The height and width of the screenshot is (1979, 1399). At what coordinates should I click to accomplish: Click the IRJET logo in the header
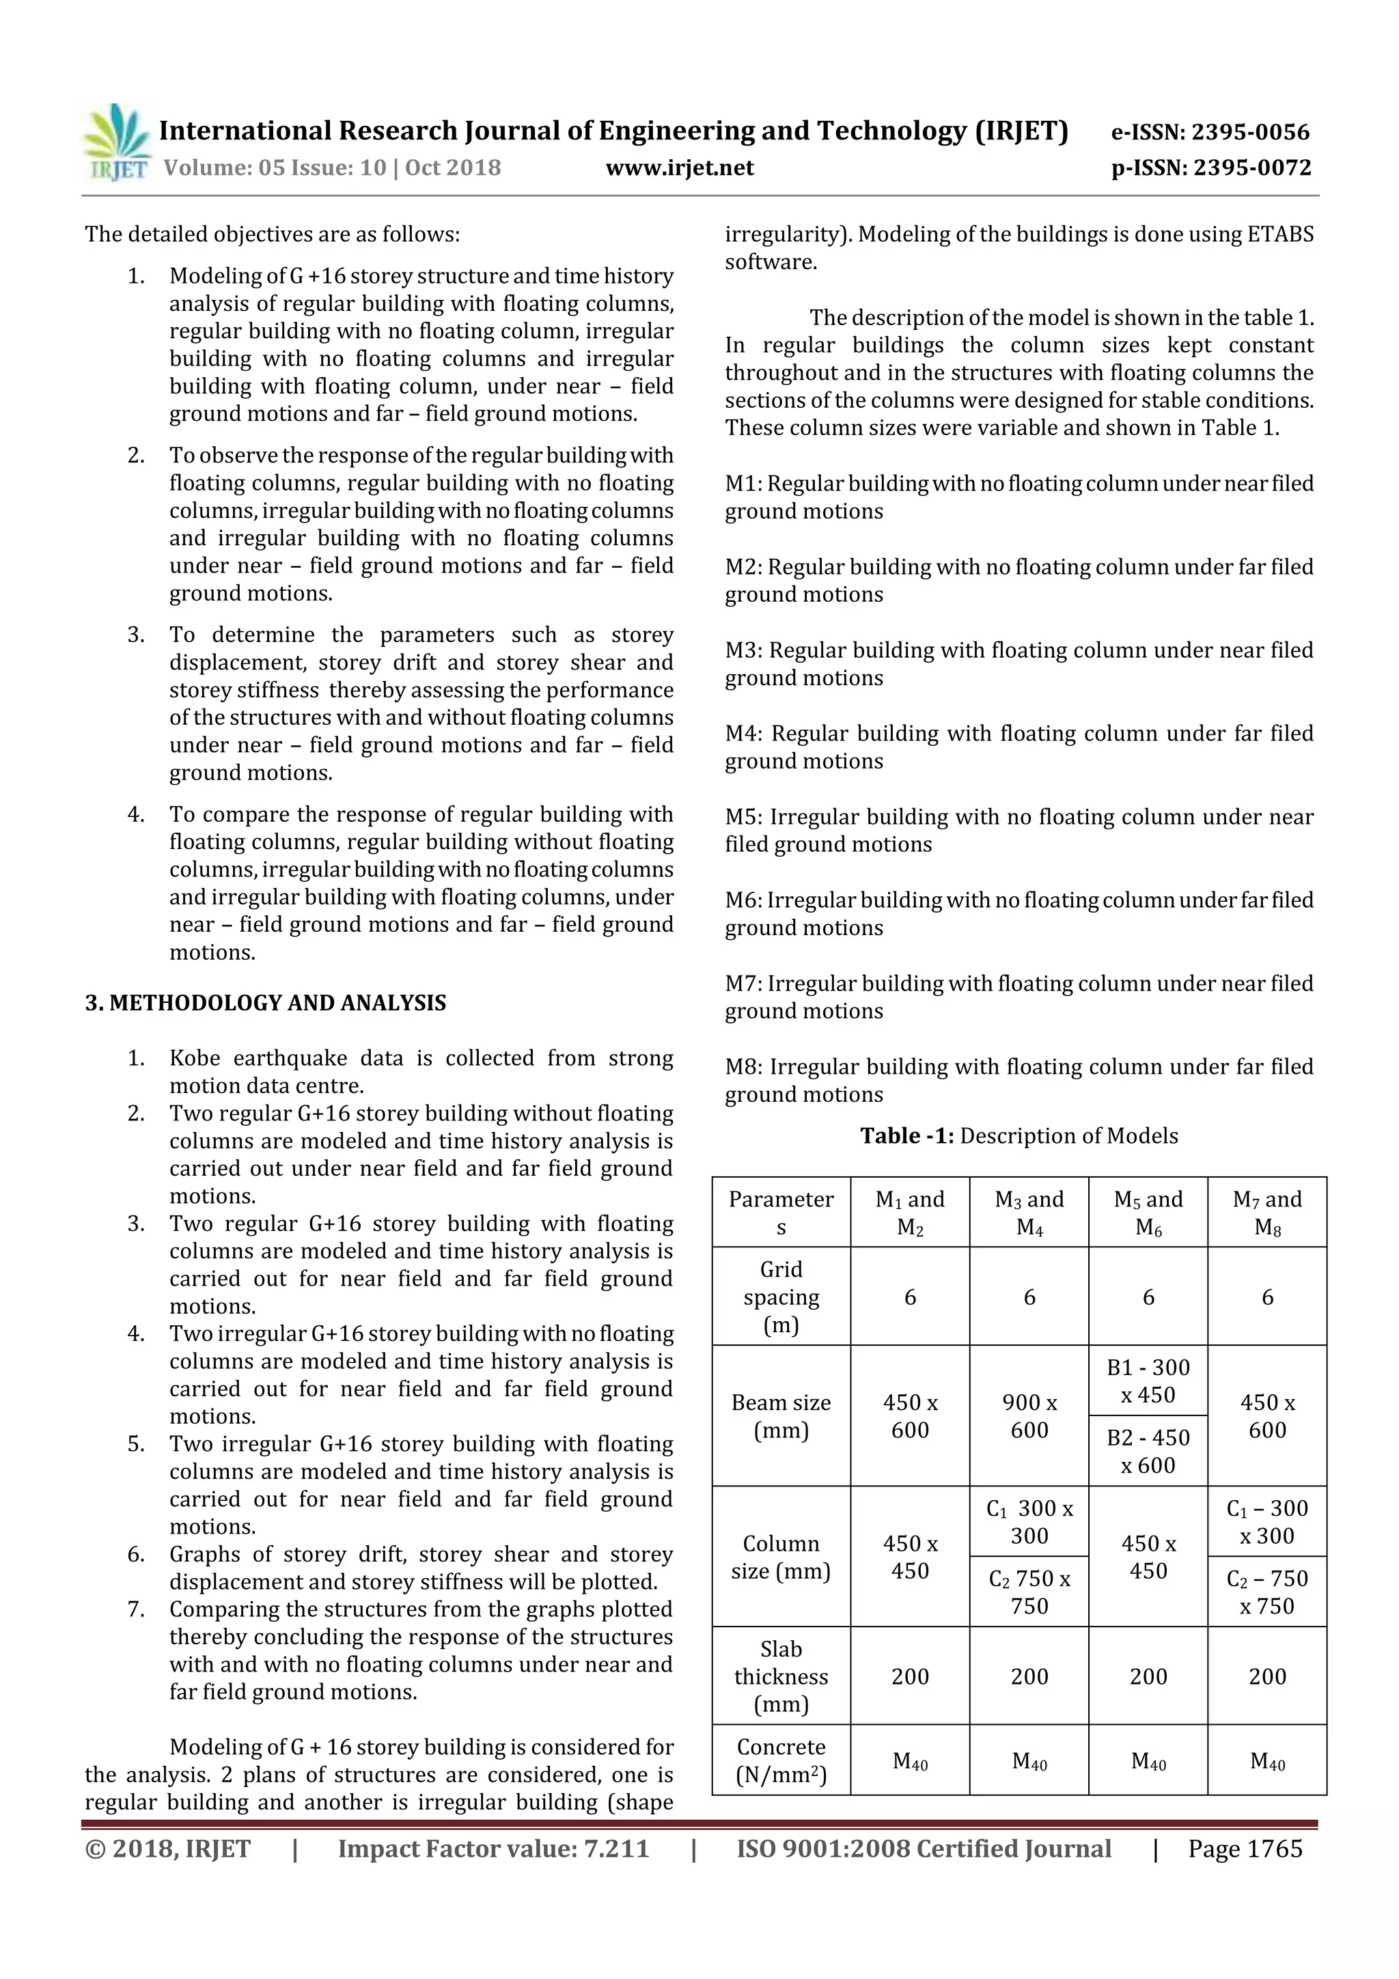(x=116, y=142)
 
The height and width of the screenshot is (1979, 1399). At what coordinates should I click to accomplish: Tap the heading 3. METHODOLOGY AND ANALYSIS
(x=266, y=1002)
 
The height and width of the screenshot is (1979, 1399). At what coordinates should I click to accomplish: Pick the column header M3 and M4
(x=1029, y=1212)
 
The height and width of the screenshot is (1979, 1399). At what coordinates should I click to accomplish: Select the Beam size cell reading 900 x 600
(x=1029, y=1415)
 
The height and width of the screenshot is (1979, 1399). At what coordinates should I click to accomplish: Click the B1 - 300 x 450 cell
(x=1148, y=1380)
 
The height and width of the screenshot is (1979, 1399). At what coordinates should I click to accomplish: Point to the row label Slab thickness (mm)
(x=781, y=1676)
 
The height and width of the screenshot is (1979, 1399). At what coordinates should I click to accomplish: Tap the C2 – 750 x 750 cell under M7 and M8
(x=1266, y=1591)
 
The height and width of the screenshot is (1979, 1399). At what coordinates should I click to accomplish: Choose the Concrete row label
(x=781, y=1760)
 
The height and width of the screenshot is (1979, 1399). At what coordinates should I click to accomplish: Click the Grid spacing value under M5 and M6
(x=1148, y=1297)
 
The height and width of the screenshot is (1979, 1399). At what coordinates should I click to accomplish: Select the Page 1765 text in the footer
(x=1245, y=1848)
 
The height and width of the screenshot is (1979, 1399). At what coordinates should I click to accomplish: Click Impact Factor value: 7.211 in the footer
(x=493, y=1848)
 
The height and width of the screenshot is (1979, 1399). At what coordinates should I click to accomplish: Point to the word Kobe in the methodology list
(x=195, y=1057)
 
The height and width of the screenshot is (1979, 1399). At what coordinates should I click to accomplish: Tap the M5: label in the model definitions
(x=745, y=816)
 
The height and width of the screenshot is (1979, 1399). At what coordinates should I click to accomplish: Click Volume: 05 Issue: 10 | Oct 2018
(x=332, y=167)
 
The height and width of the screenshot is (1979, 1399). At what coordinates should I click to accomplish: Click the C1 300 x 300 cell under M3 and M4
(x=1029, y=1521)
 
